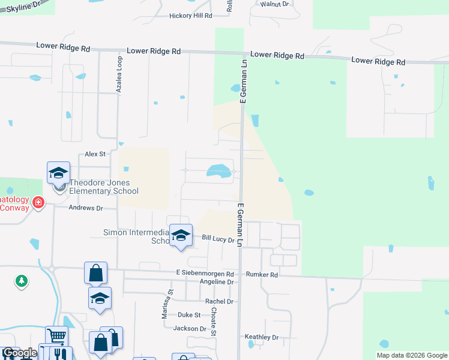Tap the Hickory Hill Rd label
(191, 16)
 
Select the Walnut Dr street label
(274, 4)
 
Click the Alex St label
(95, 154)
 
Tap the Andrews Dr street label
(86, 208)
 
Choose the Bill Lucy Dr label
(218, 239)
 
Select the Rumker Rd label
(265, 275)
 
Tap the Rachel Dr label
(218, 301)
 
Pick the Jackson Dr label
(189, 329)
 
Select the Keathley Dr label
(263, 337)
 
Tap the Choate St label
(214, 322)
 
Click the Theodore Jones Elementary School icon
(59, 173)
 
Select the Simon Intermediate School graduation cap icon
(181, 235)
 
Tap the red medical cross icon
(38, 203)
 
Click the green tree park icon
(22, 280)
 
